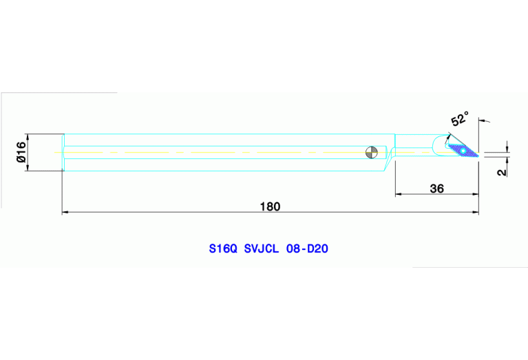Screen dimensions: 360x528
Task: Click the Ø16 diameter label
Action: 21,151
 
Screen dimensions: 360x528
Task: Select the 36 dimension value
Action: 436,188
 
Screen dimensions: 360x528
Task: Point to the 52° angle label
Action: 460,118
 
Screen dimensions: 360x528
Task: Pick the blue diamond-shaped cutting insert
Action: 461,149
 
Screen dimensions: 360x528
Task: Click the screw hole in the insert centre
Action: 464,150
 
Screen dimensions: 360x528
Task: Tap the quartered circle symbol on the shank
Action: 372,151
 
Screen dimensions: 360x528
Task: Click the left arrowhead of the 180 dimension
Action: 65,213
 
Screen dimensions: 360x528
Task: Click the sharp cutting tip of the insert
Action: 477,158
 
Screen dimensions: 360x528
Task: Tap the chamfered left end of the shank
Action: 63,151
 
